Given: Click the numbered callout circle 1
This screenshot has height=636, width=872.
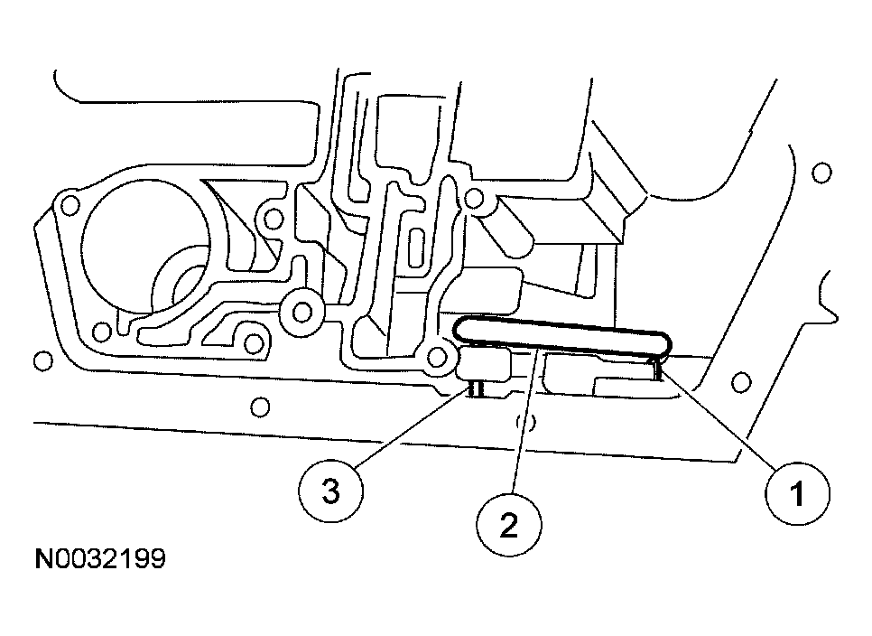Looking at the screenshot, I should click(797, 495).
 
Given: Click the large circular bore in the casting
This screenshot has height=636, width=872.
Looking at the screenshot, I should click(144, 243).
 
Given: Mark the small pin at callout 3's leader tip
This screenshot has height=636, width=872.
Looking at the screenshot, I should click(477, 388).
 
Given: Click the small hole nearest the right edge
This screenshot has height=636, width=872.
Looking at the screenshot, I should click(821, 172).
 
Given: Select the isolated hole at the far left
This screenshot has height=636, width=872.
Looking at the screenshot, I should click(40, 362).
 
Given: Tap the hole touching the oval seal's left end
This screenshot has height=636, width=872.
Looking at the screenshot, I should click(440, 357).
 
